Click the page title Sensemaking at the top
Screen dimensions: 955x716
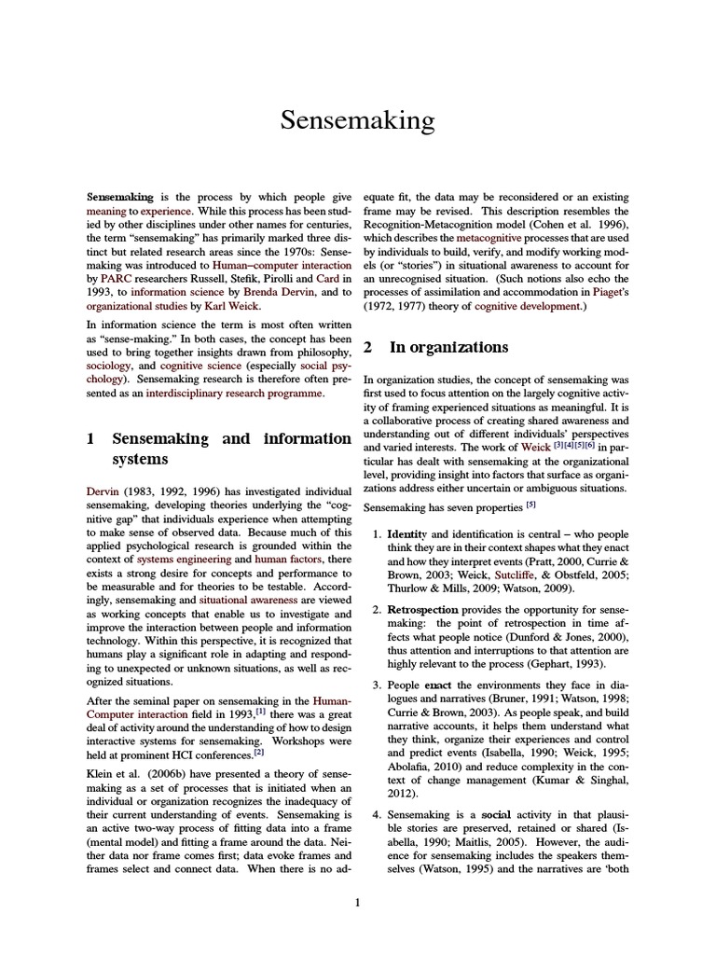click(x=358, y=120)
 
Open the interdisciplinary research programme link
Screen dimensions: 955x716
click(x=233, y=394)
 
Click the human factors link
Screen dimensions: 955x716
click(x=284, y=559)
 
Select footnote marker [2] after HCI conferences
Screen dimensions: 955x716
click(x=260, y=753)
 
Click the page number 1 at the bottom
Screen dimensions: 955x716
click(x=358, y=902)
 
